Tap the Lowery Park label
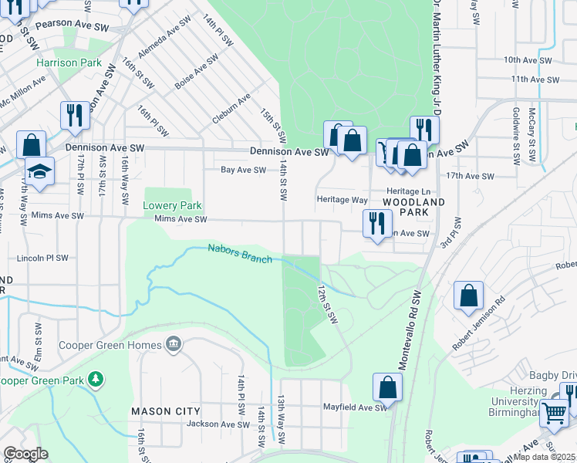click(x=172, y=206)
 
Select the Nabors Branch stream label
click(x=240, y=253)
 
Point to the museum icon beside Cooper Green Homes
click(x=173, y=342)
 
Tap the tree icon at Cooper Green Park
click(x=95, y=380)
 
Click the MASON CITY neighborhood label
click(x=166, y=411)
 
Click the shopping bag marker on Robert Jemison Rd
click(x=468, y=296)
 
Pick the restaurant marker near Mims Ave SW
click(x=376, y=224)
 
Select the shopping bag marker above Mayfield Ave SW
click(x=387, y=388)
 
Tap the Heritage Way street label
click(x=342, y=199)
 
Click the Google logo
click(x=25, y=454)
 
